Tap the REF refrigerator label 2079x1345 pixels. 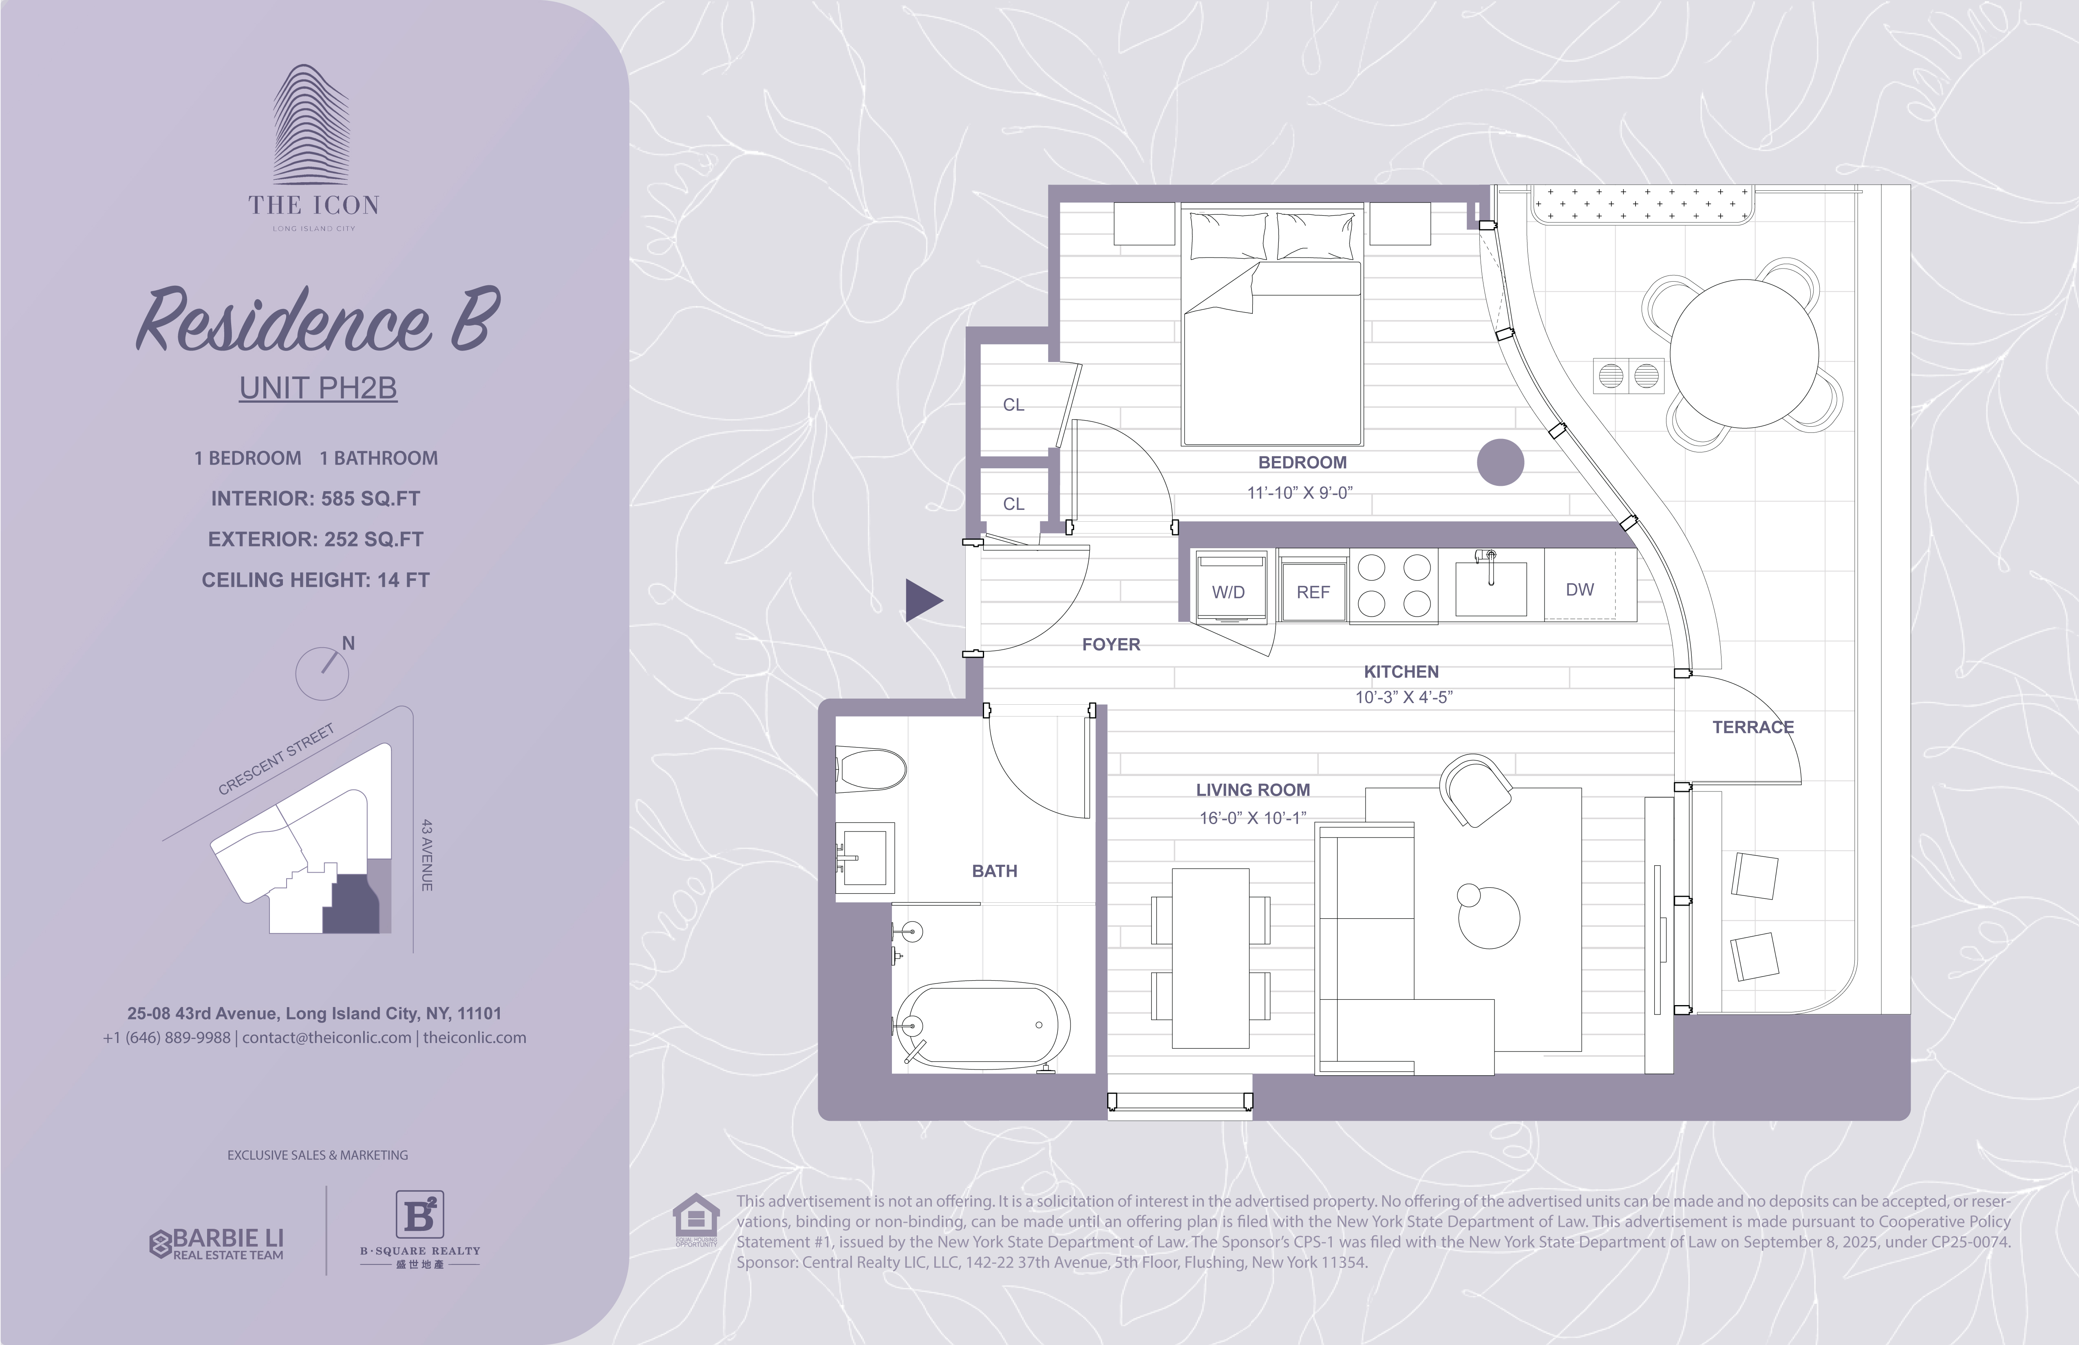point(1313,592)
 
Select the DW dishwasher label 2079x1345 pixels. point(1579,589)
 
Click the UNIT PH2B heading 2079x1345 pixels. point(318,388)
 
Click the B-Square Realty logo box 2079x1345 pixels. point(420,1214)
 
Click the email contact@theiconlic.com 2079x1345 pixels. point(327,1038)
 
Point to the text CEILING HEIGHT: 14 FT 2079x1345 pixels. point(316,580)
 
